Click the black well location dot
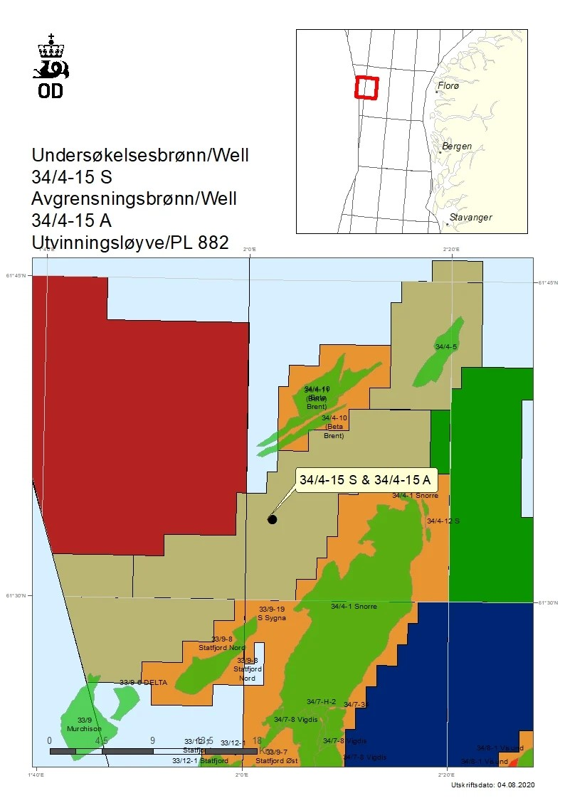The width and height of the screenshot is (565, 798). [272, 519]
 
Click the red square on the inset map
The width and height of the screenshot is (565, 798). [367, 87]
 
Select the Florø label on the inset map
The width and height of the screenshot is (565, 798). [449, 85]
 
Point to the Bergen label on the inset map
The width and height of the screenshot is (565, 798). [456, 147]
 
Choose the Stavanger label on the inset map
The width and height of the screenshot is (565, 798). [470, 218]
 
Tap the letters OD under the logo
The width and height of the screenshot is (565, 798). [51, 91]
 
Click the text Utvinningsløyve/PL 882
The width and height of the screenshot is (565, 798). [130, 243]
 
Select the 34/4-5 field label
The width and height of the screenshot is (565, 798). [445, 346]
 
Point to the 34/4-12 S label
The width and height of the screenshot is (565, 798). [443, 521]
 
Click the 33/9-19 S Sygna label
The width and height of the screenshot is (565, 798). [272, 614]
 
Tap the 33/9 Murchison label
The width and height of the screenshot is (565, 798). [85, 725]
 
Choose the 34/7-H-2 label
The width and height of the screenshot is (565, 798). [321, 702]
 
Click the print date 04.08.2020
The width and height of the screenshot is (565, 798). [513, 784]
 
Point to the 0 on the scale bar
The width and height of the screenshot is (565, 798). [49, 740]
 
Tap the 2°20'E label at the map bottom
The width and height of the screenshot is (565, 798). [446, 775]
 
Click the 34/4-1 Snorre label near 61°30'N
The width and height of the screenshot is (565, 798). [354, 607]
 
